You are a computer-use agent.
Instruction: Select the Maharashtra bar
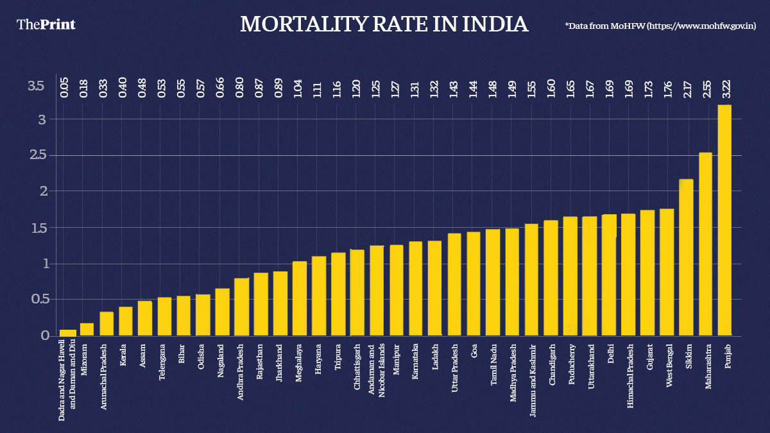point(705,244)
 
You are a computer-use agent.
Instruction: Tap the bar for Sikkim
point(686,257)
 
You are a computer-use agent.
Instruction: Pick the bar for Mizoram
point(87,329)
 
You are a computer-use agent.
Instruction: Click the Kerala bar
point(125,321)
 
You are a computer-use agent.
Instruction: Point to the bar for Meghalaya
point(300,298)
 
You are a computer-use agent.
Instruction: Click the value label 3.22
point(724,86)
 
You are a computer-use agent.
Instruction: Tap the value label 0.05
point(64,86)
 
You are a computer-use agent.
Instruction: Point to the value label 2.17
point(686,86)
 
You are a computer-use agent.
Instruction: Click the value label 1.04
point(298,86)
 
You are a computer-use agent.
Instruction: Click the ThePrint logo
point(46,24)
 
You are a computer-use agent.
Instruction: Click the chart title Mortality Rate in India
point(384,24)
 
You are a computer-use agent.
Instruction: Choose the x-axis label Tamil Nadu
point(493,362)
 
